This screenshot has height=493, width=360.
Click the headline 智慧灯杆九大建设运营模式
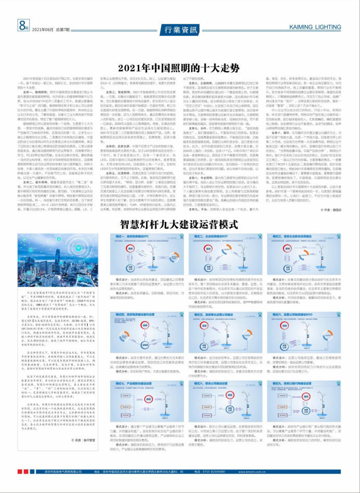pyautogui.click(x=179, y=224)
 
